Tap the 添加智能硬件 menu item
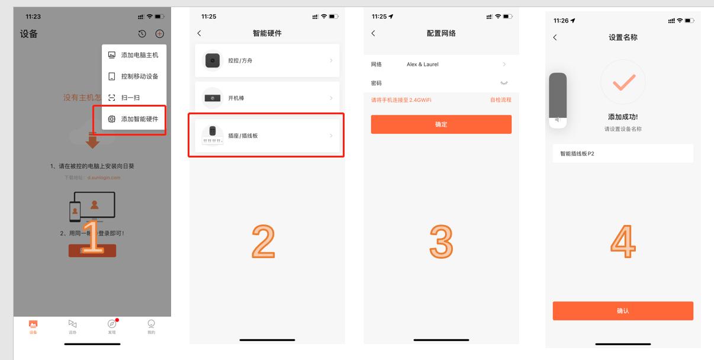(x=134, y=119)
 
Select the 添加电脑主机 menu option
(x=134, y=55)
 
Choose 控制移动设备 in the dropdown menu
(x=134, y=76)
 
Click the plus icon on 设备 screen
(x=159, y=34)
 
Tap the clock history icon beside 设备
(x=142, y=34)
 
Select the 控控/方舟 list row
(x=267, y=60)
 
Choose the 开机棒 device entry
(x=267, y=98)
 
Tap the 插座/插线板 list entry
(x=267, y=136)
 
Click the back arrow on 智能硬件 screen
(x=199, y=34)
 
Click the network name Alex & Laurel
(x=423, y=64)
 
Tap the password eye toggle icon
(x=504, y=83)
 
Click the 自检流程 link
(x=500, y=100)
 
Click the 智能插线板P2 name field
(x=622, y=153)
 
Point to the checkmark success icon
(x=623, y=82)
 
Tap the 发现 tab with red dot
(x=112, y=325)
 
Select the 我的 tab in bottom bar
(x=151, y=325)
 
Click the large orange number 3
(x=441, y=242)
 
